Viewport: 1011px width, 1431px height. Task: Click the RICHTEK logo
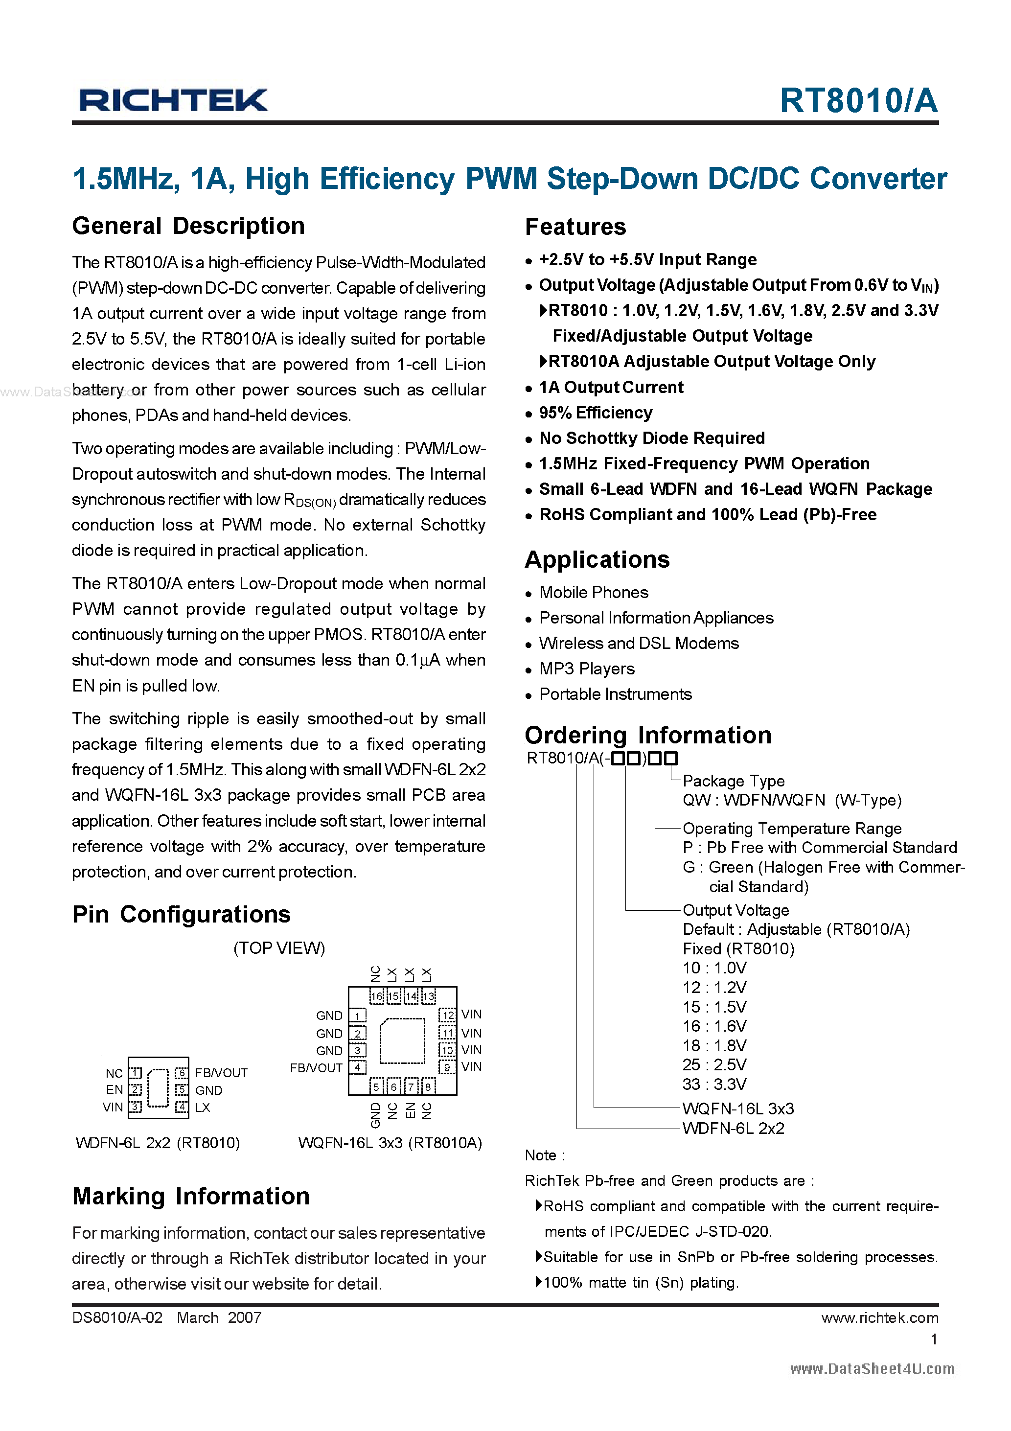[x=173, y=100]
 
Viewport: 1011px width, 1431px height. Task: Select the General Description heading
[x=188, y=226]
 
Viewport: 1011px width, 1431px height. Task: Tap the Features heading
[x=575, y=227]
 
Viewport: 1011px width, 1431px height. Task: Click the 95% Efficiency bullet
[x=595, y=413]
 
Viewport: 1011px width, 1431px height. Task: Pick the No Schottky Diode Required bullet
[x=651, y=438]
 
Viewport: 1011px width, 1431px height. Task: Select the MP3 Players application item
[x=587, y=669]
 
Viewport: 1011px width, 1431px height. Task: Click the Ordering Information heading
[x=648, y=736]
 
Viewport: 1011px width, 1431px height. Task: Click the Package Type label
[x=733, y=781]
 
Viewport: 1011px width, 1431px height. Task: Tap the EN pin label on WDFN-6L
[x=115, y=1089]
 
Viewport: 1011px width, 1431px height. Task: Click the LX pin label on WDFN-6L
[x=203, y=1107]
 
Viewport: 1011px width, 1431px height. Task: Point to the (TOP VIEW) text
[x=279, y=948]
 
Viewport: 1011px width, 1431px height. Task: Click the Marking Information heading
[x=191, y=1196]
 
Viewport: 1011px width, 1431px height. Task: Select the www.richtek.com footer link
[x=879, y=1317]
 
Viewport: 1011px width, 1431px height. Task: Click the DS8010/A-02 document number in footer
[x=117, y=1317]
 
